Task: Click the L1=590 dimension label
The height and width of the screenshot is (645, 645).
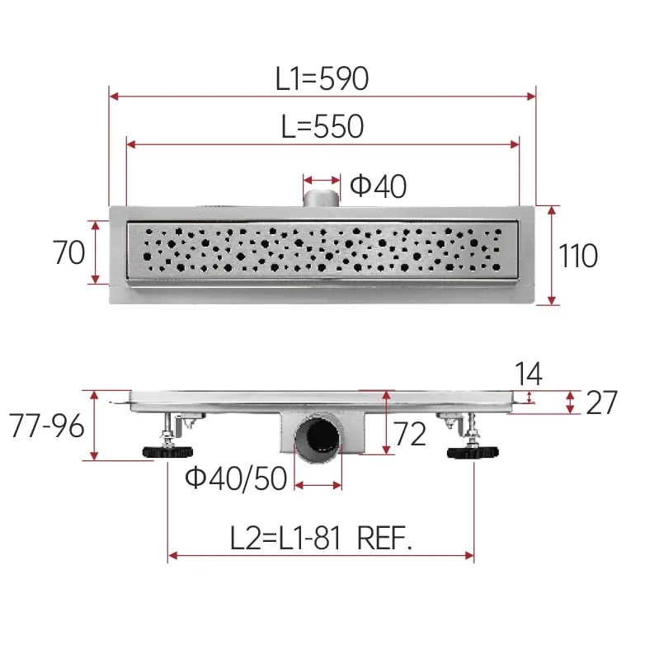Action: (322, 78)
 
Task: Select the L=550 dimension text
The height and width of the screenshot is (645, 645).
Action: (322, 126)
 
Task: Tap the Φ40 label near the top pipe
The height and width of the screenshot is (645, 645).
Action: (378, 186)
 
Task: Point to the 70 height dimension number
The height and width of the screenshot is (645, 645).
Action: (68, 252)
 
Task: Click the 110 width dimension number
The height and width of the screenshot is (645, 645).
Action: (578, 256)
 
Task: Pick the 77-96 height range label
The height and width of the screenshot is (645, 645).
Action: (46, 426)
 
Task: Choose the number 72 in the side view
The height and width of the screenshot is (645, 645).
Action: (410, 434)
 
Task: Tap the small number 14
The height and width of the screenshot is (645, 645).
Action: (528, 374)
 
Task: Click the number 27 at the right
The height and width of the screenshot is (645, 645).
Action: (601, 403)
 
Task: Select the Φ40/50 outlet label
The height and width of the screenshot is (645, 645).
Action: (236, 478)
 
